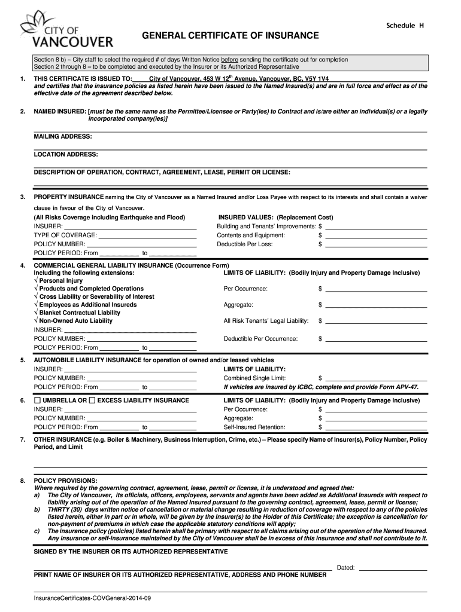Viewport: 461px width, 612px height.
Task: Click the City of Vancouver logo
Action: (x=66, y=31)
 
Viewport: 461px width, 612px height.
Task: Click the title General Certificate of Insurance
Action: (x=230, y=36)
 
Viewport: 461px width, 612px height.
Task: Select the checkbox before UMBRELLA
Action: (x=38, y=400)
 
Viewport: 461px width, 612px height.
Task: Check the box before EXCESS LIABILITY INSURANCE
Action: (x=92, y=400)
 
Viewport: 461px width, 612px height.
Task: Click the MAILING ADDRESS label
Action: (x=63, y=136)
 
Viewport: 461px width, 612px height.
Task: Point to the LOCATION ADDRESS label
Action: (x=66, y=154)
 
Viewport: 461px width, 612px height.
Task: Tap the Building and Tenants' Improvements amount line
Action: (x=376, y=227)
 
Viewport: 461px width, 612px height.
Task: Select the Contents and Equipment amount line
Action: (x=376, y=235)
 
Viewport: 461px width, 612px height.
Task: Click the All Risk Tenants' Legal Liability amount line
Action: (x=376, y=322)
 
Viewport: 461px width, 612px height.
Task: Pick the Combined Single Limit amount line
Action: (x=376, y=378)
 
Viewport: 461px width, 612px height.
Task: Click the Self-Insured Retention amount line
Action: (x=376, y=427)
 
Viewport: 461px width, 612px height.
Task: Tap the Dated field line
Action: (x=392, y=567)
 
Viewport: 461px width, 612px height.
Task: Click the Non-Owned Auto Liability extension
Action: (x=76, y=321)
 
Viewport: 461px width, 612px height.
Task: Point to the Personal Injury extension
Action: (x=61, y=280)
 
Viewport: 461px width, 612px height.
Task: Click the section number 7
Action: (x=22, y=439)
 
